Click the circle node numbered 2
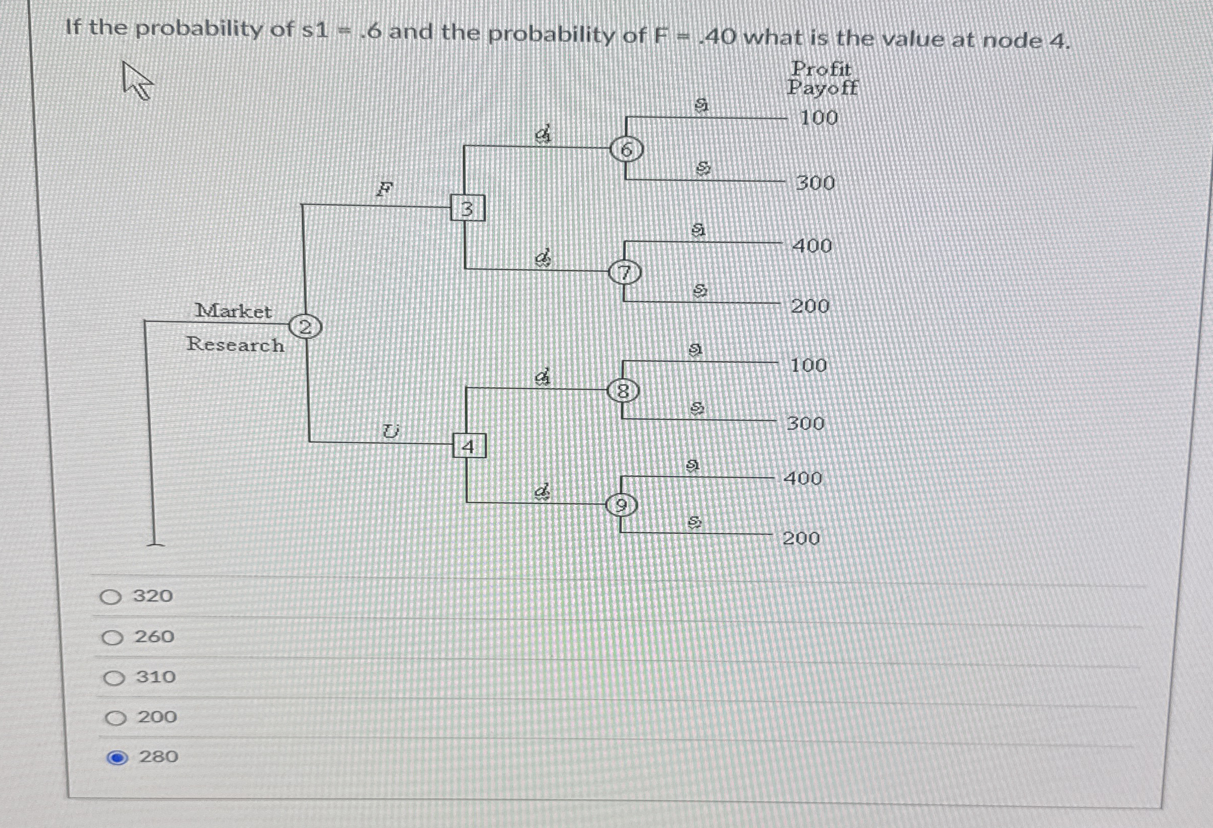point(305,328)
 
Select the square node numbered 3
point(468,208)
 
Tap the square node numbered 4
point(469,446)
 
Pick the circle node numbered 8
point(623,390)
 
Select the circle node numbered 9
point(621,505)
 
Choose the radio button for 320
point(111,597)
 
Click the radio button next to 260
point(112,638)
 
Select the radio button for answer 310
point(114,678)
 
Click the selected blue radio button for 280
point(117,758)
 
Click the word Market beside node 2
point(233,311)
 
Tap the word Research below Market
point(235,344)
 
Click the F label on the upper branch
point(384,189)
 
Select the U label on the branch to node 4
point(390,431)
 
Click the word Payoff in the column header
point(823,88)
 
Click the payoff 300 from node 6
point(815,183)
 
